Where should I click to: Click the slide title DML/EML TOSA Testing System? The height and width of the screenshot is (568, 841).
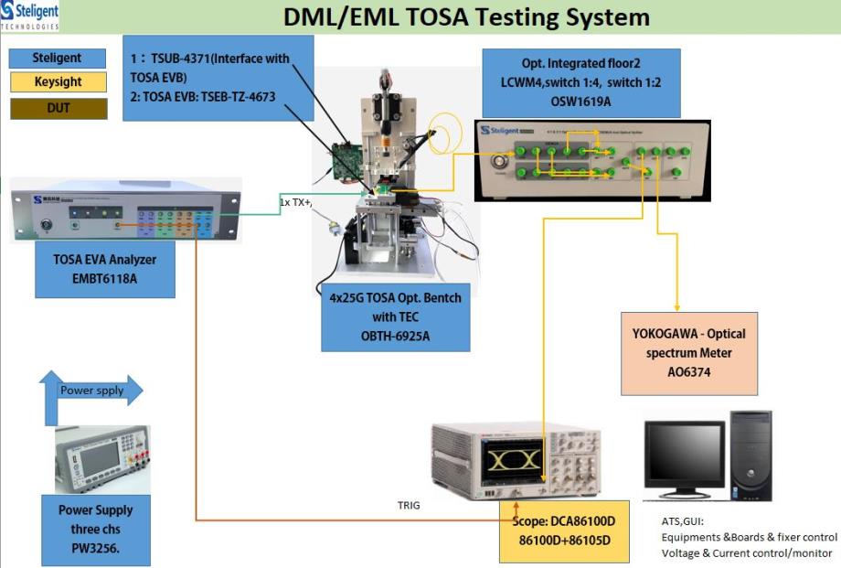[x=466, y=16]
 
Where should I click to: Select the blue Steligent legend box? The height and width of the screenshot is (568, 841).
[x=57, y=58]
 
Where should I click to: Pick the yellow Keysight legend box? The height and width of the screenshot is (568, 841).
[x=57, y=82]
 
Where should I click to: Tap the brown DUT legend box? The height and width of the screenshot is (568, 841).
[x=57, y=108]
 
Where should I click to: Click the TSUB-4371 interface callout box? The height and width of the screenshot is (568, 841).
[x=218, y=78]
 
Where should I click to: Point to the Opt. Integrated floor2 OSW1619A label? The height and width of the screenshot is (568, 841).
[x=581, y=82]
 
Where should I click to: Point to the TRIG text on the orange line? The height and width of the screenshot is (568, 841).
[x=409, y=505]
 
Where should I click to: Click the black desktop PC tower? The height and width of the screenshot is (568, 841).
[x=751, y=454]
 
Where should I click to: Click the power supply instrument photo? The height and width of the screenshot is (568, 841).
[x=102, y=459]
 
